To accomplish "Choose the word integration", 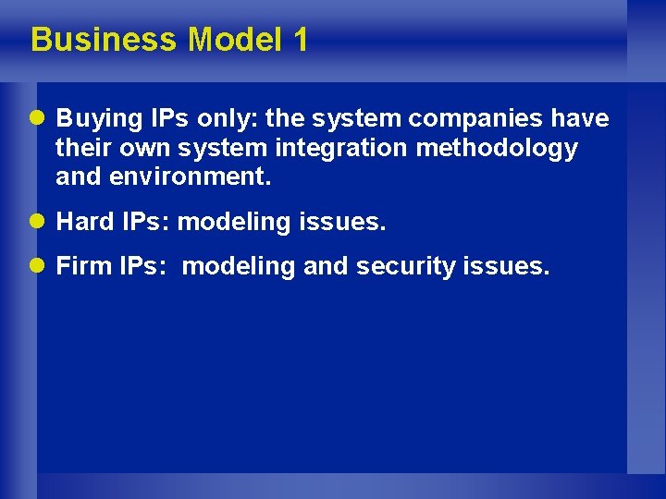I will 353,149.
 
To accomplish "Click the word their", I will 80,149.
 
